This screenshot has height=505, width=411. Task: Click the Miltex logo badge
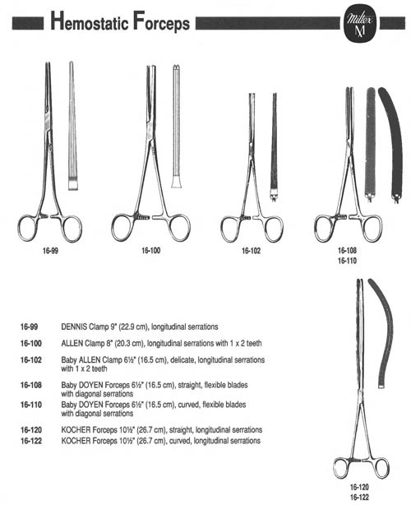360,25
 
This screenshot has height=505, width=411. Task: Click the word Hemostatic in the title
90,21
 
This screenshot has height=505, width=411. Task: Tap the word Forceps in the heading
161,22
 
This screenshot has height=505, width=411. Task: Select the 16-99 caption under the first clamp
50,251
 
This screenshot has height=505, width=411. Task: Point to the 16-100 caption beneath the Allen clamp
150,250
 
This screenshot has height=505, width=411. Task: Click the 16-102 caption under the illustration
251,251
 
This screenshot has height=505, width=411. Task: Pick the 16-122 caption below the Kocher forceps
359,497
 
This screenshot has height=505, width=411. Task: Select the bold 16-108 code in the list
31,385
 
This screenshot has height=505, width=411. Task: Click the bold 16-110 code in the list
31,405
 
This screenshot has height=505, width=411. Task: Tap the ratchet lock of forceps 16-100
141,216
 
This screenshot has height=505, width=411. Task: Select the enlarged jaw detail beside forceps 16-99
72,126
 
